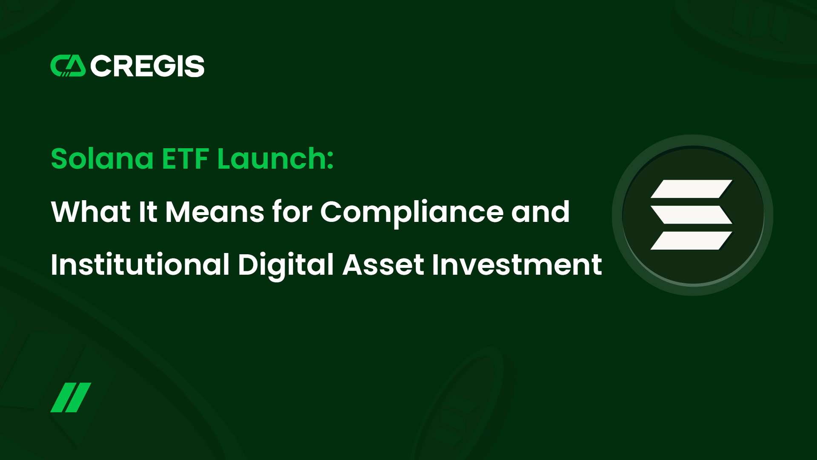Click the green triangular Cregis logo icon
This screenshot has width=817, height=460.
coord(68,66)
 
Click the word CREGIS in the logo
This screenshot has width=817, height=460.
coord(147,66)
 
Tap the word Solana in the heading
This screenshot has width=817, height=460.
coord(102,158)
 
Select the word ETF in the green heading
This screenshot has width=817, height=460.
coord(185,159)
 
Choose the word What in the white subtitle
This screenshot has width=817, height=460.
coord(91,211)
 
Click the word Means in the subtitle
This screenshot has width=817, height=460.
coord(214,212)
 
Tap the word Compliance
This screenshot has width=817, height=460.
coord(412,212)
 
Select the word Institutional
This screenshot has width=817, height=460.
coord(140,264)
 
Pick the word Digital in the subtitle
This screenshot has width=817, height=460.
coord(286,265)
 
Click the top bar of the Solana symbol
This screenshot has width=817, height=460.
coord(691,189)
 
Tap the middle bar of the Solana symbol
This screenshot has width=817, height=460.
coord(691,215)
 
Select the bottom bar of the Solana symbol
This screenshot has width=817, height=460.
coord(691,240)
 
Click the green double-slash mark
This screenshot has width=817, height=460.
coord(71,397)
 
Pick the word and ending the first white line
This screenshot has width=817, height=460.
coord(540,211)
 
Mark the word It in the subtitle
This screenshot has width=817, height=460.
coord(148,212)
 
